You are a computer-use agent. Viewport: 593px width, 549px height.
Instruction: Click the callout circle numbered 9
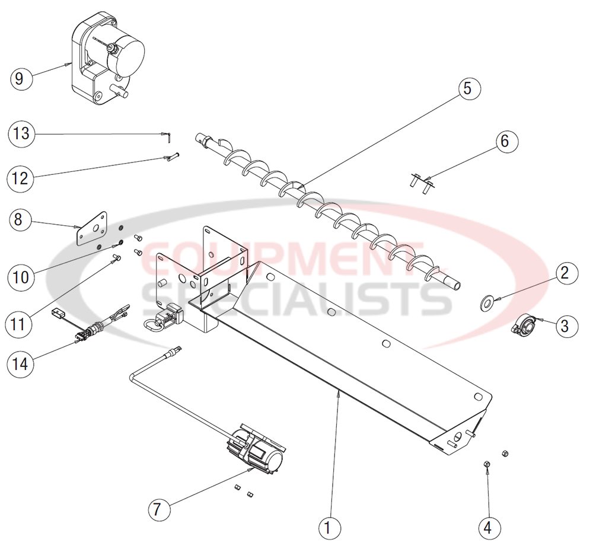(x=20, y=78)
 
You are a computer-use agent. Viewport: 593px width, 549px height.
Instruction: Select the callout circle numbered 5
(x=467, y=88)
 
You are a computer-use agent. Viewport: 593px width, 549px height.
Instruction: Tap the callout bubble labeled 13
(x=21, y=133)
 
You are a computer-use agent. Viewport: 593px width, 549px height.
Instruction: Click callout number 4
(x=489, y=526)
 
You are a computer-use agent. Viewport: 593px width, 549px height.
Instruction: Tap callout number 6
(x=505, y=141)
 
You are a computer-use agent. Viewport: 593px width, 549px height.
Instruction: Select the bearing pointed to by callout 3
(x=525, y=325)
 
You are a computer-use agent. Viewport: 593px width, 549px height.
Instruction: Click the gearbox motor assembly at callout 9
(x=110, y=56)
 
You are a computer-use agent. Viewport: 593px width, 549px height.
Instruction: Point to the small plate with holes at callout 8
(x=94, y=227)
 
